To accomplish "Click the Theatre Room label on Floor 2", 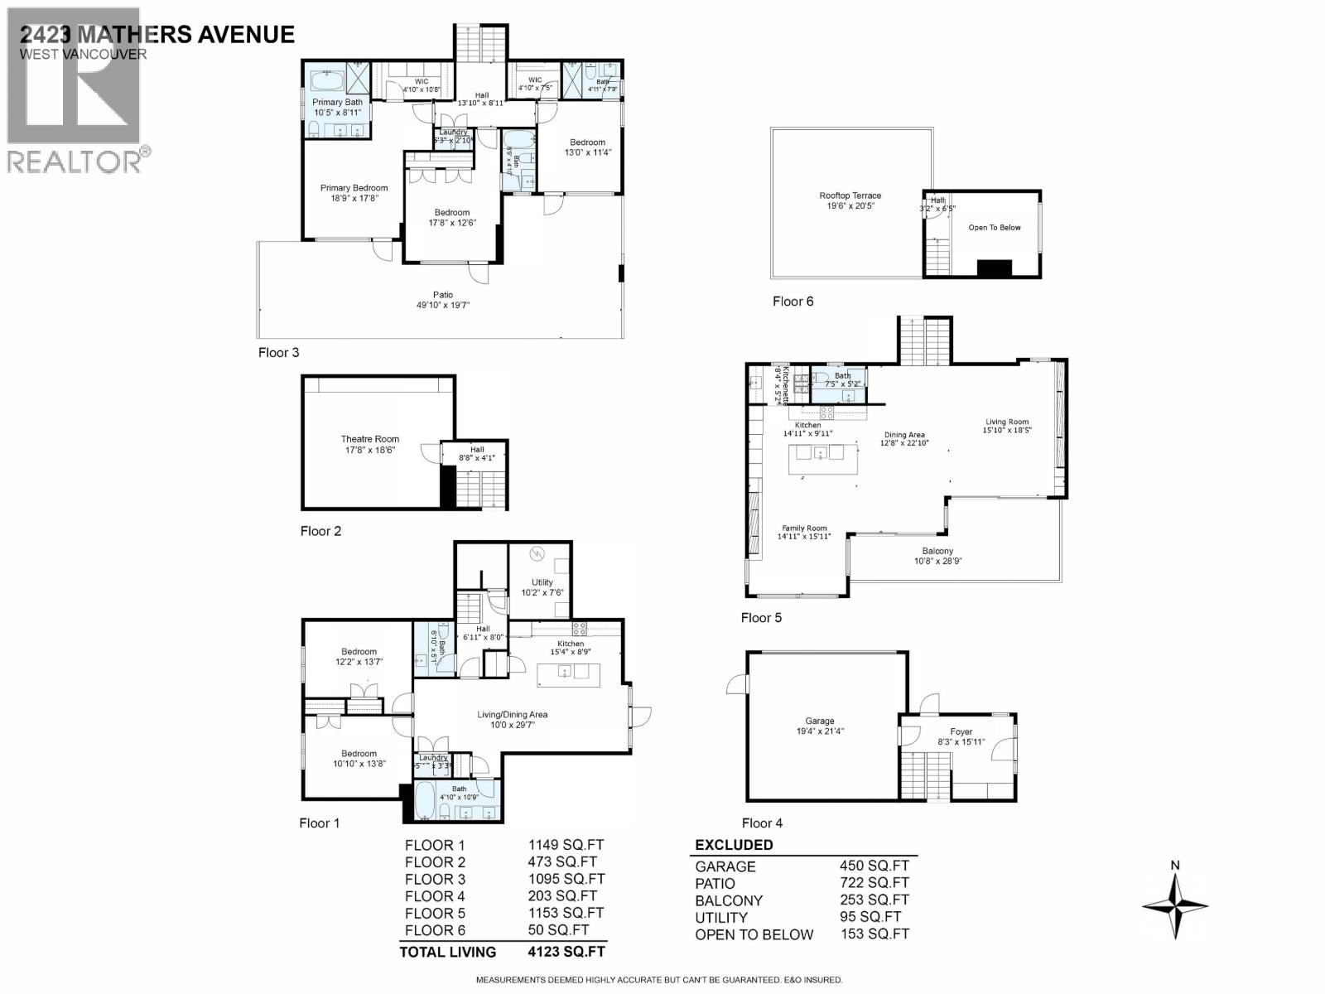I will pos(369,439).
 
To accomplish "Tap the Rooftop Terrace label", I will pos(850,195).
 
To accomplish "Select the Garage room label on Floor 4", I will pos(819,721).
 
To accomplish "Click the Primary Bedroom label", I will pos(354,188).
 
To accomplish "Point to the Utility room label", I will pos(542,582).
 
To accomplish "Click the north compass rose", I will pos(1174,904).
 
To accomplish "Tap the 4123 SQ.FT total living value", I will pos(566,952).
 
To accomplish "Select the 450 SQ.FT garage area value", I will pos(874,866).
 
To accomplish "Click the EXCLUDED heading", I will pos(734,845).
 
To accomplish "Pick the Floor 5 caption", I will pos(760,617).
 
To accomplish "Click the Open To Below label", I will pos(994,227).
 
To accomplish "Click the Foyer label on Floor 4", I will pos(961,731).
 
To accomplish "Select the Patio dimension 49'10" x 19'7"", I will pos(443,305).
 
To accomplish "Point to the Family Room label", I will pos(804,528).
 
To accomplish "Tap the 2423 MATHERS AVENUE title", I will pos(157,34).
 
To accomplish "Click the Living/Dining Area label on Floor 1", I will pos(512,714).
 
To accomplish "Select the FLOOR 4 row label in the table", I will pos(435,895).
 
